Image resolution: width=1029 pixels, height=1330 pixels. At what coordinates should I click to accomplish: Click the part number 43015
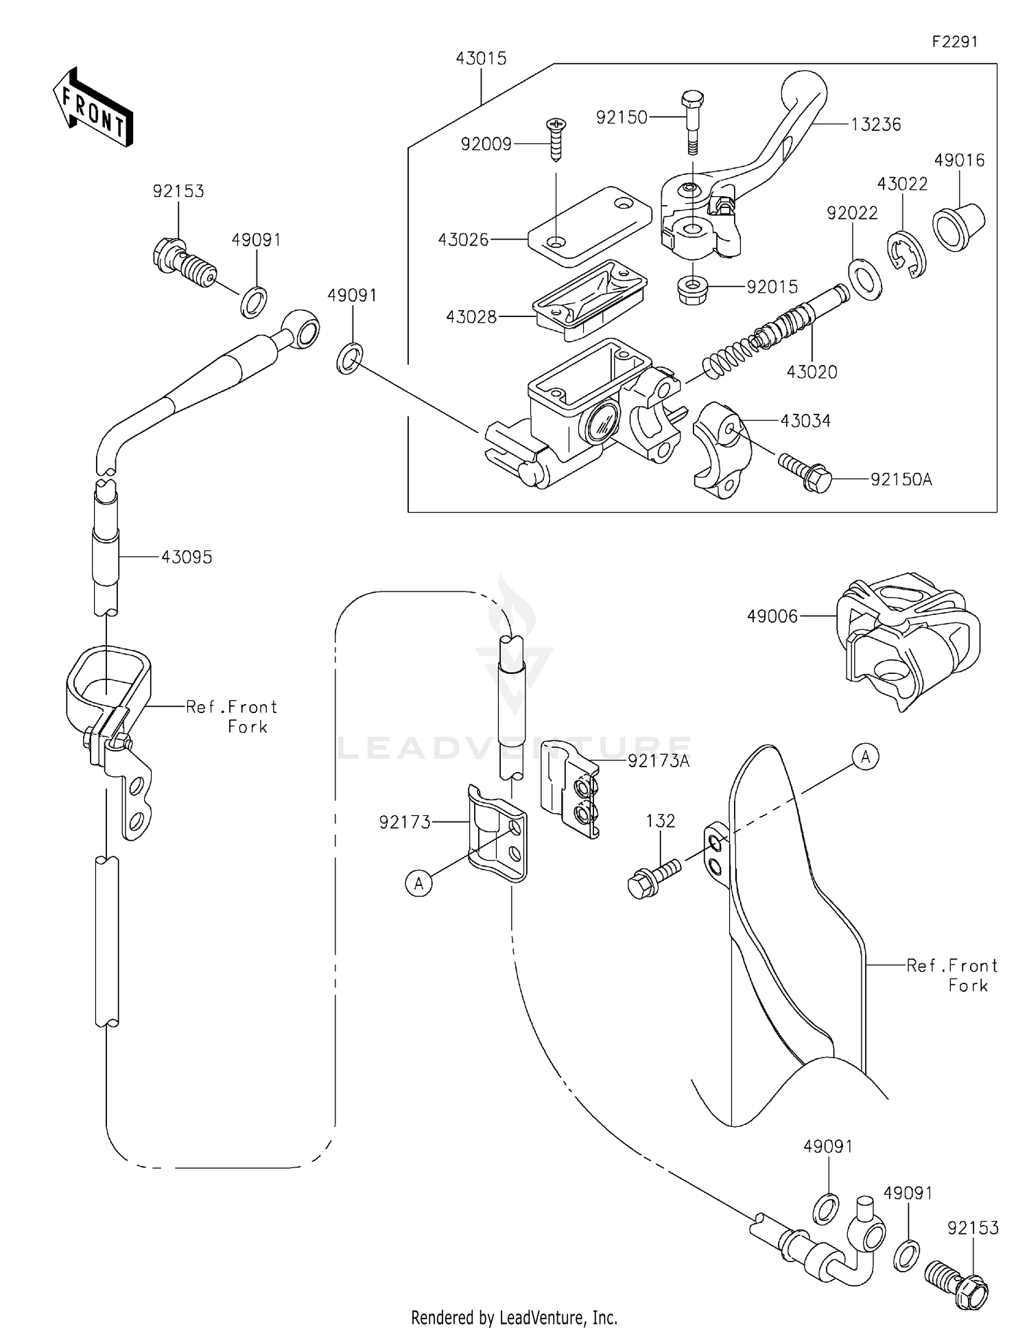click(x=481, y=58)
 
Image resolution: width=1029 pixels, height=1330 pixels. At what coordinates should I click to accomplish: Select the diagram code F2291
click(x=954, y=42)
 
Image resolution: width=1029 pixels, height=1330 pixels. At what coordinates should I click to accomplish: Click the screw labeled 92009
click(x=556, y=139)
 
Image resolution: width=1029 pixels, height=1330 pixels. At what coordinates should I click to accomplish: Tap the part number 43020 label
click(x=812, y=372)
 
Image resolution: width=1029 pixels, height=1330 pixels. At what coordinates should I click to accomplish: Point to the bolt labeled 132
click(x=652, y=879)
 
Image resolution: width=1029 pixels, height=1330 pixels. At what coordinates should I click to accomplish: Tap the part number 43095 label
click(x=187, y=557)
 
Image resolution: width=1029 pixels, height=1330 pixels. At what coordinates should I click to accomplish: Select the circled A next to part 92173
click(x=419, y=883)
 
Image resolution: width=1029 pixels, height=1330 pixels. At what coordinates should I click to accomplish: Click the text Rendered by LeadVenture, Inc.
click(x=514, y=1317)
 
